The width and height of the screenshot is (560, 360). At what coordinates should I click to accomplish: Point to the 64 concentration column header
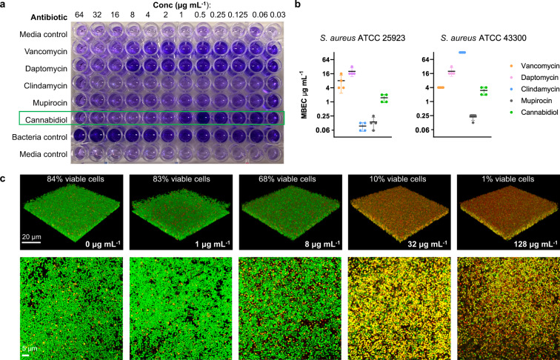pyautogui.click(x=79, y=16)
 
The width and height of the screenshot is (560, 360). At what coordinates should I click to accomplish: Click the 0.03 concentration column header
pyautogui.click(x=276, y=16)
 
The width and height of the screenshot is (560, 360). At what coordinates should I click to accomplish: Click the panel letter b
pyautogui.click(x=299, y=6)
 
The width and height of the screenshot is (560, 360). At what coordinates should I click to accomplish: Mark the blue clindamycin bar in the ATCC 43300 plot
pyautogui.click(x=441, y=53)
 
